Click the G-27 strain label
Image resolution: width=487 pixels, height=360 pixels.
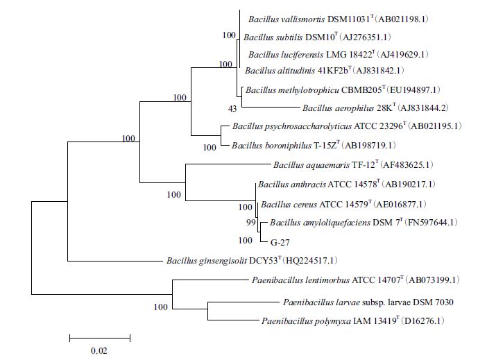click(280, 243)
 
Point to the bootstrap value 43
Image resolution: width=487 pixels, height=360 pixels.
click(232, 108)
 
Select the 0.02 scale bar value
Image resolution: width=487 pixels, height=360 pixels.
click(99, 350)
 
